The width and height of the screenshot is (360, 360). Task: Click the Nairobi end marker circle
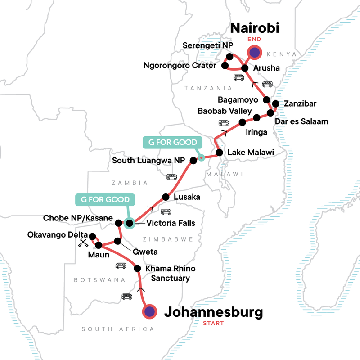point(255,53)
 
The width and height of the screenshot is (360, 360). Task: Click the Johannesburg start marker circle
point(149,311)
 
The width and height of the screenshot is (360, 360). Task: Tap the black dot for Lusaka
point(166,197)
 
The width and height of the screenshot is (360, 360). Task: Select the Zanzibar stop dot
point(275,103)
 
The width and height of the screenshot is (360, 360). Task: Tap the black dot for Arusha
point(245,68)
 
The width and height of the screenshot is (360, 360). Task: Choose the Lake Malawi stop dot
point(220,153)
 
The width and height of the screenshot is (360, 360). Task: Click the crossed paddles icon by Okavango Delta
point(83,243)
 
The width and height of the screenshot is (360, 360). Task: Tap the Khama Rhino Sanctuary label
point(170,273)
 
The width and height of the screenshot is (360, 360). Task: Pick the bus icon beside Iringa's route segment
point(224,123)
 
